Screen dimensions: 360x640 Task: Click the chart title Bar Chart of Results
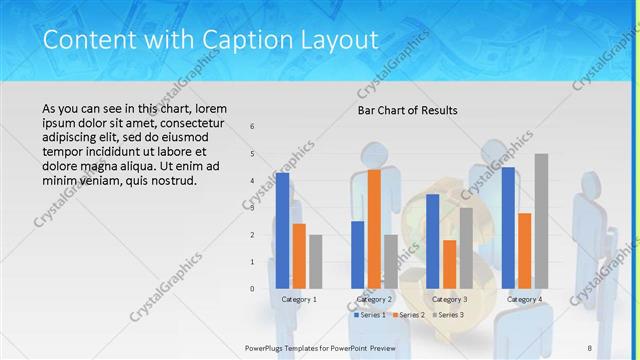[x=407, y=110]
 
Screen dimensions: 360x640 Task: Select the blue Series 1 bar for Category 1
[x=283, y=230]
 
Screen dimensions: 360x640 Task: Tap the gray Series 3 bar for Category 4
[x=541, y=221]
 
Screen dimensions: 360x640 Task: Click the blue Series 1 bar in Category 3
[x=433, y=241]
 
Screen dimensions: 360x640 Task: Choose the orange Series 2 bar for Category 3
[x=449, y=264]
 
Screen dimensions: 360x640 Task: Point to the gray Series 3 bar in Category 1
[x=315, y=261]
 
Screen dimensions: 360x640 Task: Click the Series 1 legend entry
[x=369, y=315]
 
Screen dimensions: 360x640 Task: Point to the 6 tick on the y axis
[x=252, y=126]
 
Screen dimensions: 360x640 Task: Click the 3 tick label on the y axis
[x=252, y=208]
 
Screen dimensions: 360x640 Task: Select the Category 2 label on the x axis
[x=374, y=299]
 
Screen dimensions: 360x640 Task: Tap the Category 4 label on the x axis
[x=524, y=299]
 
